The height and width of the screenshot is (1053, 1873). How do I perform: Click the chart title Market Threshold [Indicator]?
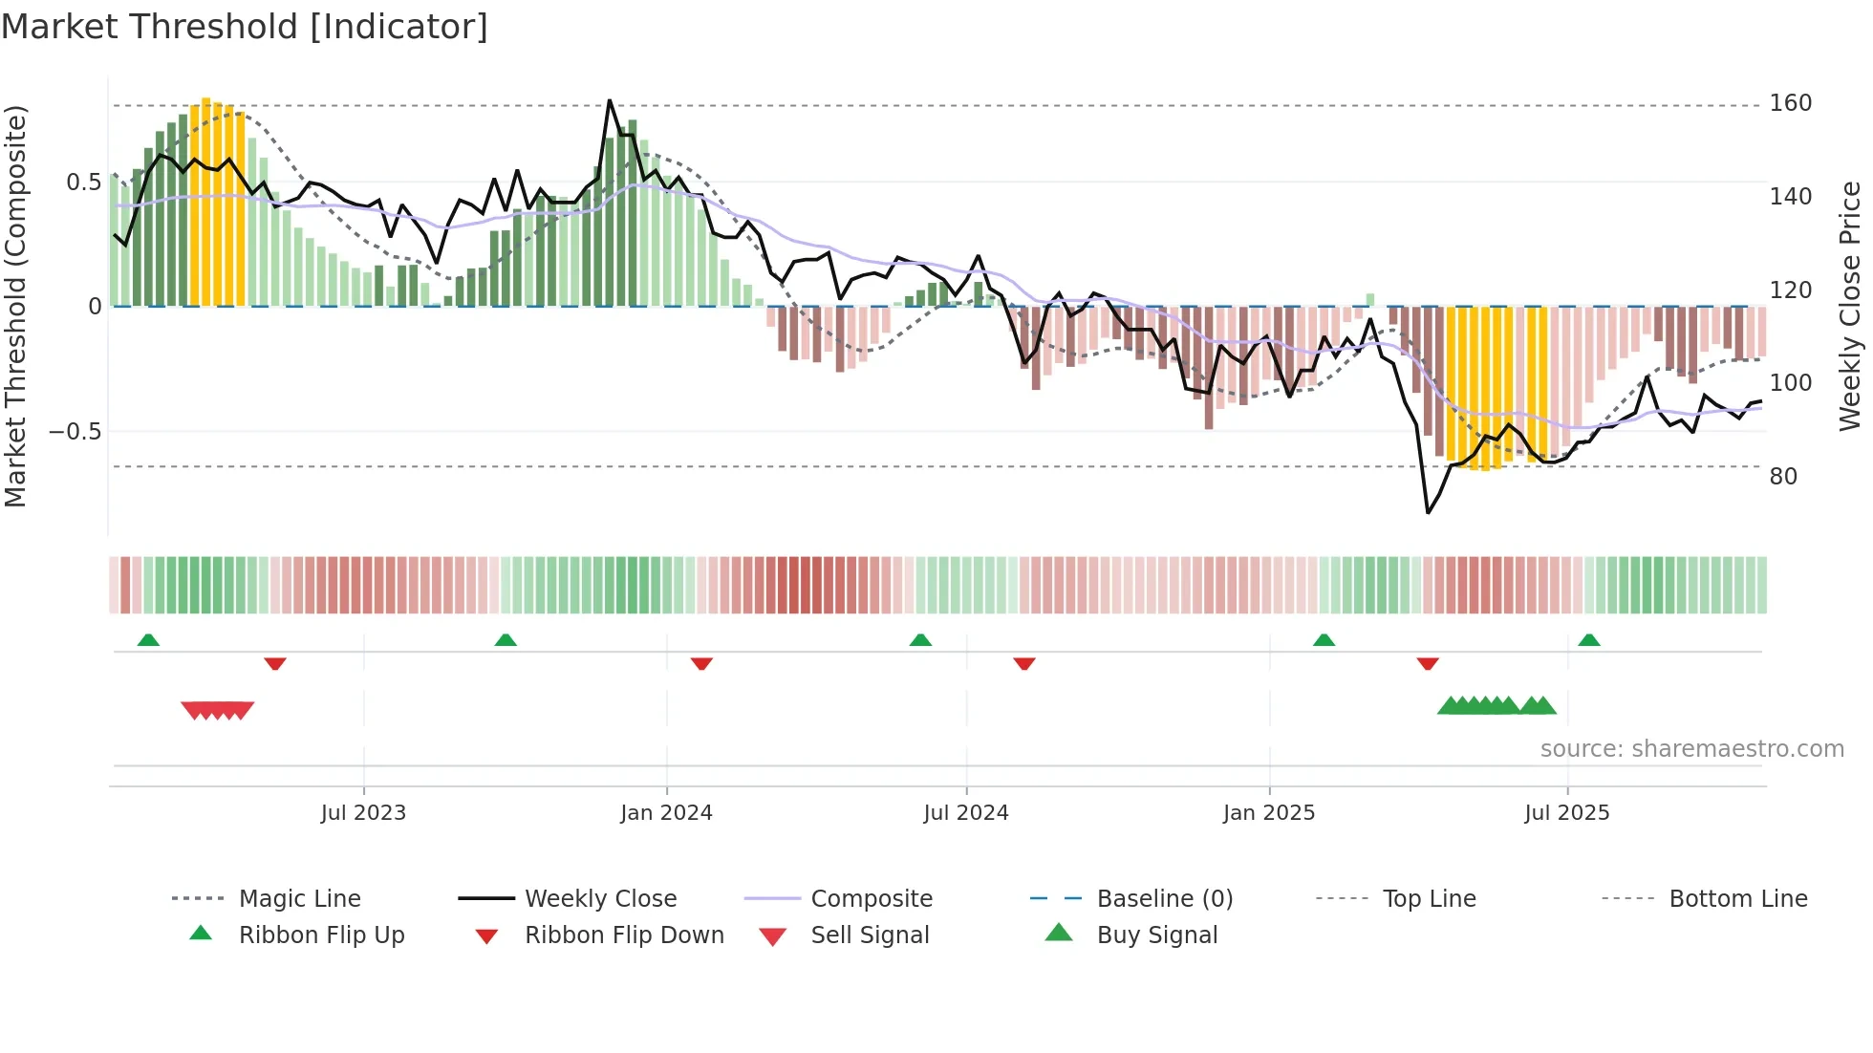pos(245,27)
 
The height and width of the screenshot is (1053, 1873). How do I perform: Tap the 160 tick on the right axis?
pos(1790,103)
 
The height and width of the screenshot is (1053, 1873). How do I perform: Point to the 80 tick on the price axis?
pos(1783,476)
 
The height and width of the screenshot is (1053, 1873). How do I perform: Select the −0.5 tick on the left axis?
pos(75,431)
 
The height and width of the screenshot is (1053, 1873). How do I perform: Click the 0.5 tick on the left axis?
pos(83,183)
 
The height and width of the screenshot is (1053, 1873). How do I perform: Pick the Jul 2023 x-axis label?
pos(363,813)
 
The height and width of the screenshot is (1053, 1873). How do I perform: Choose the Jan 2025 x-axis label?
pos(1268,813)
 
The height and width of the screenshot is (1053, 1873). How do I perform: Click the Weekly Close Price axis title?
pos(1850,306)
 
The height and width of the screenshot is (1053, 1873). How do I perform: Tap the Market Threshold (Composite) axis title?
pos(15,306)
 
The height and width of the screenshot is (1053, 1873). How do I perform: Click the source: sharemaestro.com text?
pos(1691,749)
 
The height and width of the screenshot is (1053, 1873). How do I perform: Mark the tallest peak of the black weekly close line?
pos(610,100)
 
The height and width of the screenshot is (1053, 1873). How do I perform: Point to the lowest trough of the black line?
pos(1428,513)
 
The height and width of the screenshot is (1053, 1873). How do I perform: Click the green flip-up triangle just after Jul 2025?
pos(1589,640)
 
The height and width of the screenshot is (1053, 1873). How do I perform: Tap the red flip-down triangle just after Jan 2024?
pos(701,663)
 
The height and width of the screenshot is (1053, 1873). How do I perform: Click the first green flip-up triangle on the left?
pos(148,640)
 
